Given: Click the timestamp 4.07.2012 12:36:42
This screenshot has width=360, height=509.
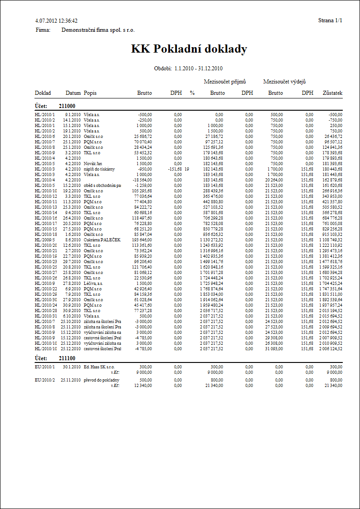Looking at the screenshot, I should [56, 21].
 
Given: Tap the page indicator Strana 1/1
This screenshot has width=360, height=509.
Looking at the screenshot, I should [331, 21].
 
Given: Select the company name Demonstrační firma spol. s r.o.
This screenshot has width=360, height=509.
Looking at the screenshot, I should [98, 30].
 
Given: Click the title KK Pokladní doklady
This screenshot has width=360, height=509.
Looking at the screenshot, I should [189, 49].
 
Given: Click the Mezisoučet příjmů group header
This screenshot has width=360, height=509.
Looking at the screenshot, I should [224, 82].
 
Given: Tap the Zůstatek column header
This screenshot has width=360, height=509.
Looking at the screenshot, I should [332, 93].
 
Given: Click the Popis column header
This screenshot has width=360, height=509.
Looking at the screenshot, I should [90, 93].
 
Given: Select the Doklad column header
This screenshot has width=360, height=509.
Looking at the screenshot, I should [43, 93].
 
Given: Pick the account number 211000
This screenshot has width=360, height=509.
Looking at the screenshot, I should [68, 105].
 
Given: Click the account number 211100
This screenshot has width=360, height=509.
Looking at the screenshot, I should [68, 358].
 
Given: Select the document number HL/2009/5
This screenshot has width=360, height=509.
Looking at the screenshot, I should [44, 240].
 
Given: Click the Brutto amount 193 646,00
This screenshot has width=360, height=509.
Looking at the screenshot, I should [141, 240].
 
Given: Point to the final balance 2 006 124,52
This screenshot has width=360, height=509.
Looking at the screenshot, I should [330, 349].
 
